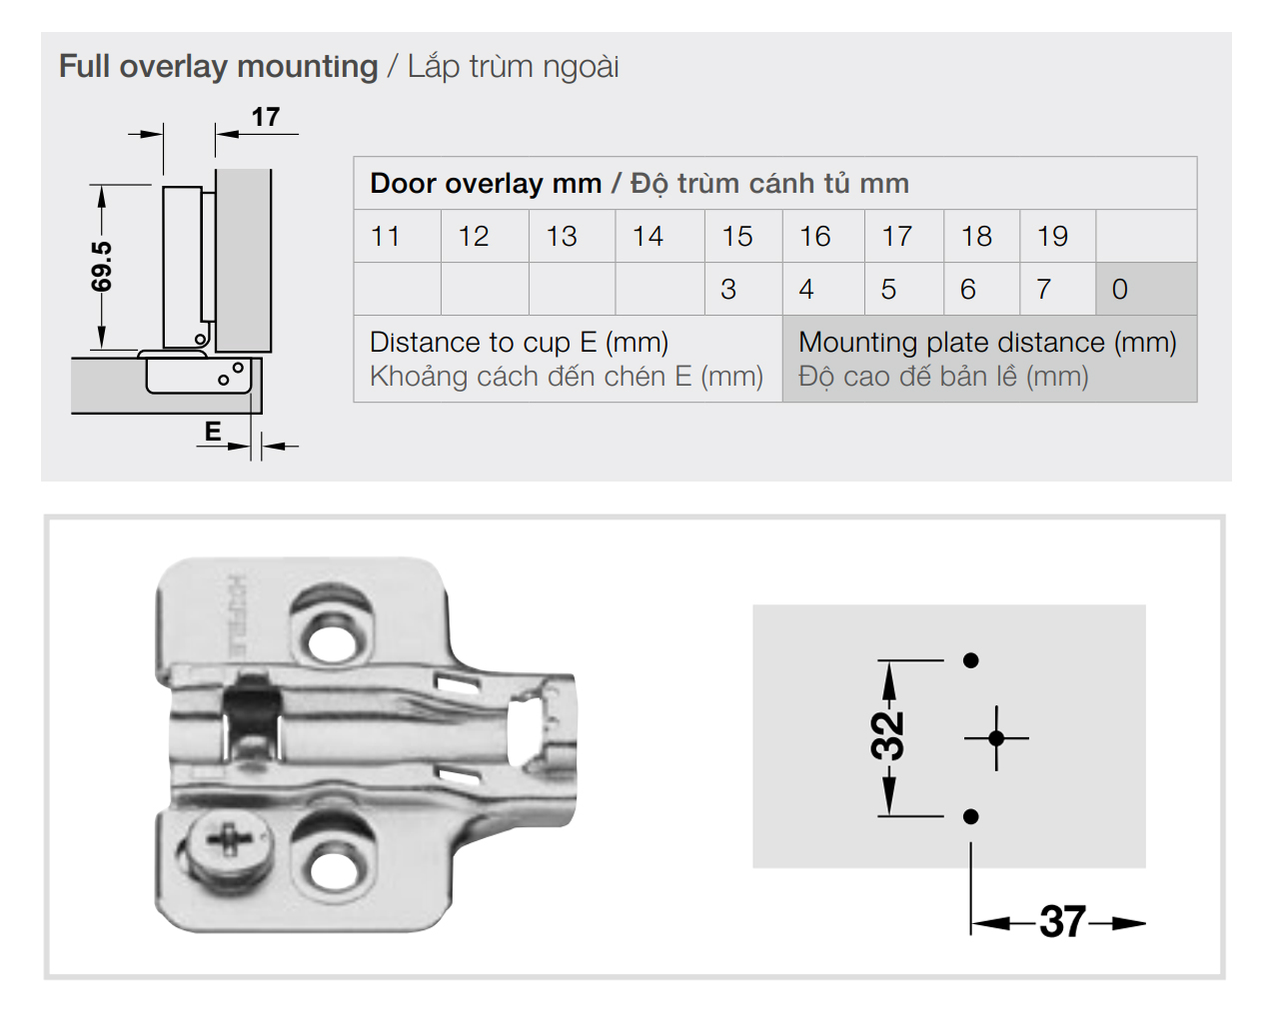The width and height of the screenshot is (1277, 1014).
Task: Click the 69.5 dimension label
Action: tap(101, 267)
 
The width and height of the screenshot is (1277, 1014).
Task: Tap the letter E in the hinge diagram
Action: tap(213, 432)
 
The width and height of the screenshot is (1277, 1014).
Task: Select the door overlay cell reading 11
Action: tap(386, 237)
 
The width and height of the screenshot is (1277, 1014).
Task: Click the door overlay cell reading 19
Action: tap(1053, 237)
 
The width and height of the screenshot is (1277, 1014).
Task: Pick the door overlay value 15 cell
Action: tap(737, 237)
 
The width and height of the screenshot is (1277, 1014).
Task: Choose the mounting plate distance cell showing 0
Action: tap(1120, 290)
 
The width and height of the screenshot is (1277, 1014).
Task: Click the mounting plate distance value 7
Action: tap(1043, 290)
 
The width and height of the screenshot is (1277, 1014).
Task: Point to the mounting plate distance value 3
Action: tap(728, 290)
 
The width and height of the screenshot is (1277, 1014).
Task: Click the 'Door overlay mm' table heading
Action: tap(486, 184)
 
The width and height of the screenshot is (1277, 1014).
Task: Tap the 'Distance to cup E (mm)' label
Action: tap(519, 343)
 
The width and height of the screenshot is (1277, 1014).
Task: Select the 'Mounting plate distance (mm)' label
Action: tap(987, 343)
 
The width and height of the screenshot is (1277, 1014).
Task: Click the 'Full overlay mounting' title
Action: tap(218, 67)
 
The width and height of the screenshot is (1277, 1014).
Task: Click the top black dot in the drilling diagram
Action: tap(970, 660)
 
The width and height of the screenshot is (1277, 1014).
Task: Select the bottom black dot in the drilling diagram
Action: tap(970, 817)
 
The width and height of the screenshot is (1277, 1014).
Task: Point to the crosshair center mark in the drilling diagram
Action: tap(996, 738)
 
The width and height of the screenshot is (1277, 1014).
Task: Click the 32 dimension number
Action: tap(886, 736)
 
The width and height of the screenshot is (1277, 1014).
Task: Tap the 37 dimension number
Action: tap(1062, 922)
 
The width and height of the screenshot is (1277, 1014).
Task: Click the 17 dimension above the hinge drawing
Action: tap(265, 117)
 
